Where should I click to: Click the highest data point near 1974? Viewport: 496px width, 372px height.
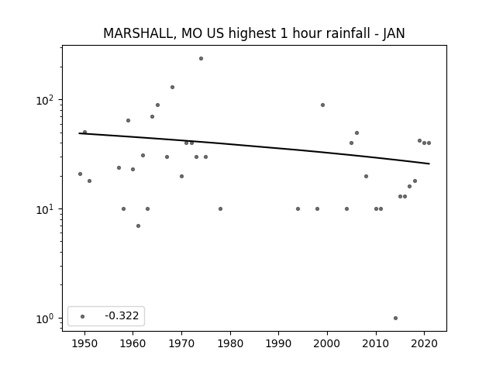[201, 59]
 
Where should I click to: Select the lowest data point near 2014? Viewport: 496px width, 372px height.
[395, 319]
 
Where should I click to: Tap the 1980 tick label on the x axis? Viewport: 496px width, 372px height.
[230, 344]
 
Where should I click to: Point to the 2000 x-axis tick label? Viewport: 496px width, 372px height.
[327, 344]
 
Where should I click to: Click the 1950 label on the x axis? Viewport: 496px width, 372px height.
[84, 344]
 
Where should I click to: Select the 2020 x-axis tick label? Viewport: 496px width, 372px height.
[424, 344]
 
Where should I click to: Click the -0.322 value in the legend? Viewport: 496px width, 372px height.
[122, 315]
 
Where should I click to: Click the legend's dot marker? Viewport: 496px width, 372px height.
[83, 316]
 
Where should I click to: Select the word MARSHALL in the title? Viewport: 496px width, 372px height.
[138, 33]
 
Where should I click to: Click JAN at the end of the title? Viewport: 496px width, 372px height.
[394, 33]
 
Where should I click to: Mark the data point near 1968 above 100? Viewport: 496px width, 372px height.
[172, 88]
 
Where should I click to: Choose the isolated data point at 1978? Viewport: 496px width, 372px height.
[220, 208]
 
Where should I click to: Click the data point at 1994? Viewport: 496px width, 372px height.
[298, 208]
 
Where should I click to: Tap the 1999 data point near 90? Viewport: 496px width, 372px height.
[322, 105]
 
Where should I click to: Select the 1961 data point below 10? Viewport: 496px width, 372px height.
[138, 226]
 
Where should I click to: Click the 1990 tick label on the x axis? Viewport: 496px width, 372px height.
[279, 344]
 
